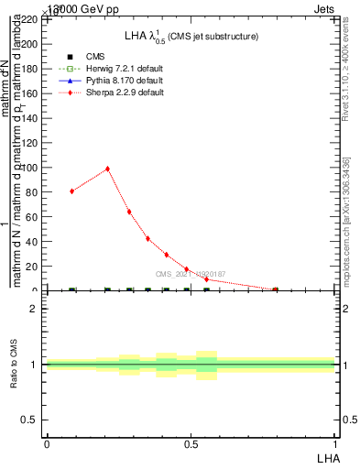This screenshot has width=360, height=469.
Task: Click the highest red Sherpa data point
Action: (x=107, y=169)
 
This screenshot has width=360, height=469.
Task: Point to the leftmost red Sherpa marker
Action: (x=71, y=191)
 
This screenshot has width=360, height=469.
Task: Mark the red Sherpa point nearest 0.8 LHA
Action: (x=276, y=289)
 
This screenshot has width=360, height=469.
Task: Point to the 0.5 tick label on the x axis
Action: (x=191, y=443)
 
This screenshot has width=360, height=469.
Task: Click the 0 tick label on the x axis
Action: (x=47, y=443)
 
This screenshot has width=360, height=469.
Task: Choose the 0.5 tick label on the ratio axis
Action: (x=29, y=420)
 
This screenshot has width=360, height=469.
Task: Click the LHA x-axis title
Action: (x=327, y=457)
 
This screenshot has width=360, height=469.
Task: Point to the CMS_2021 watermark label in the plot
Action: (x=190, y=274)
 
